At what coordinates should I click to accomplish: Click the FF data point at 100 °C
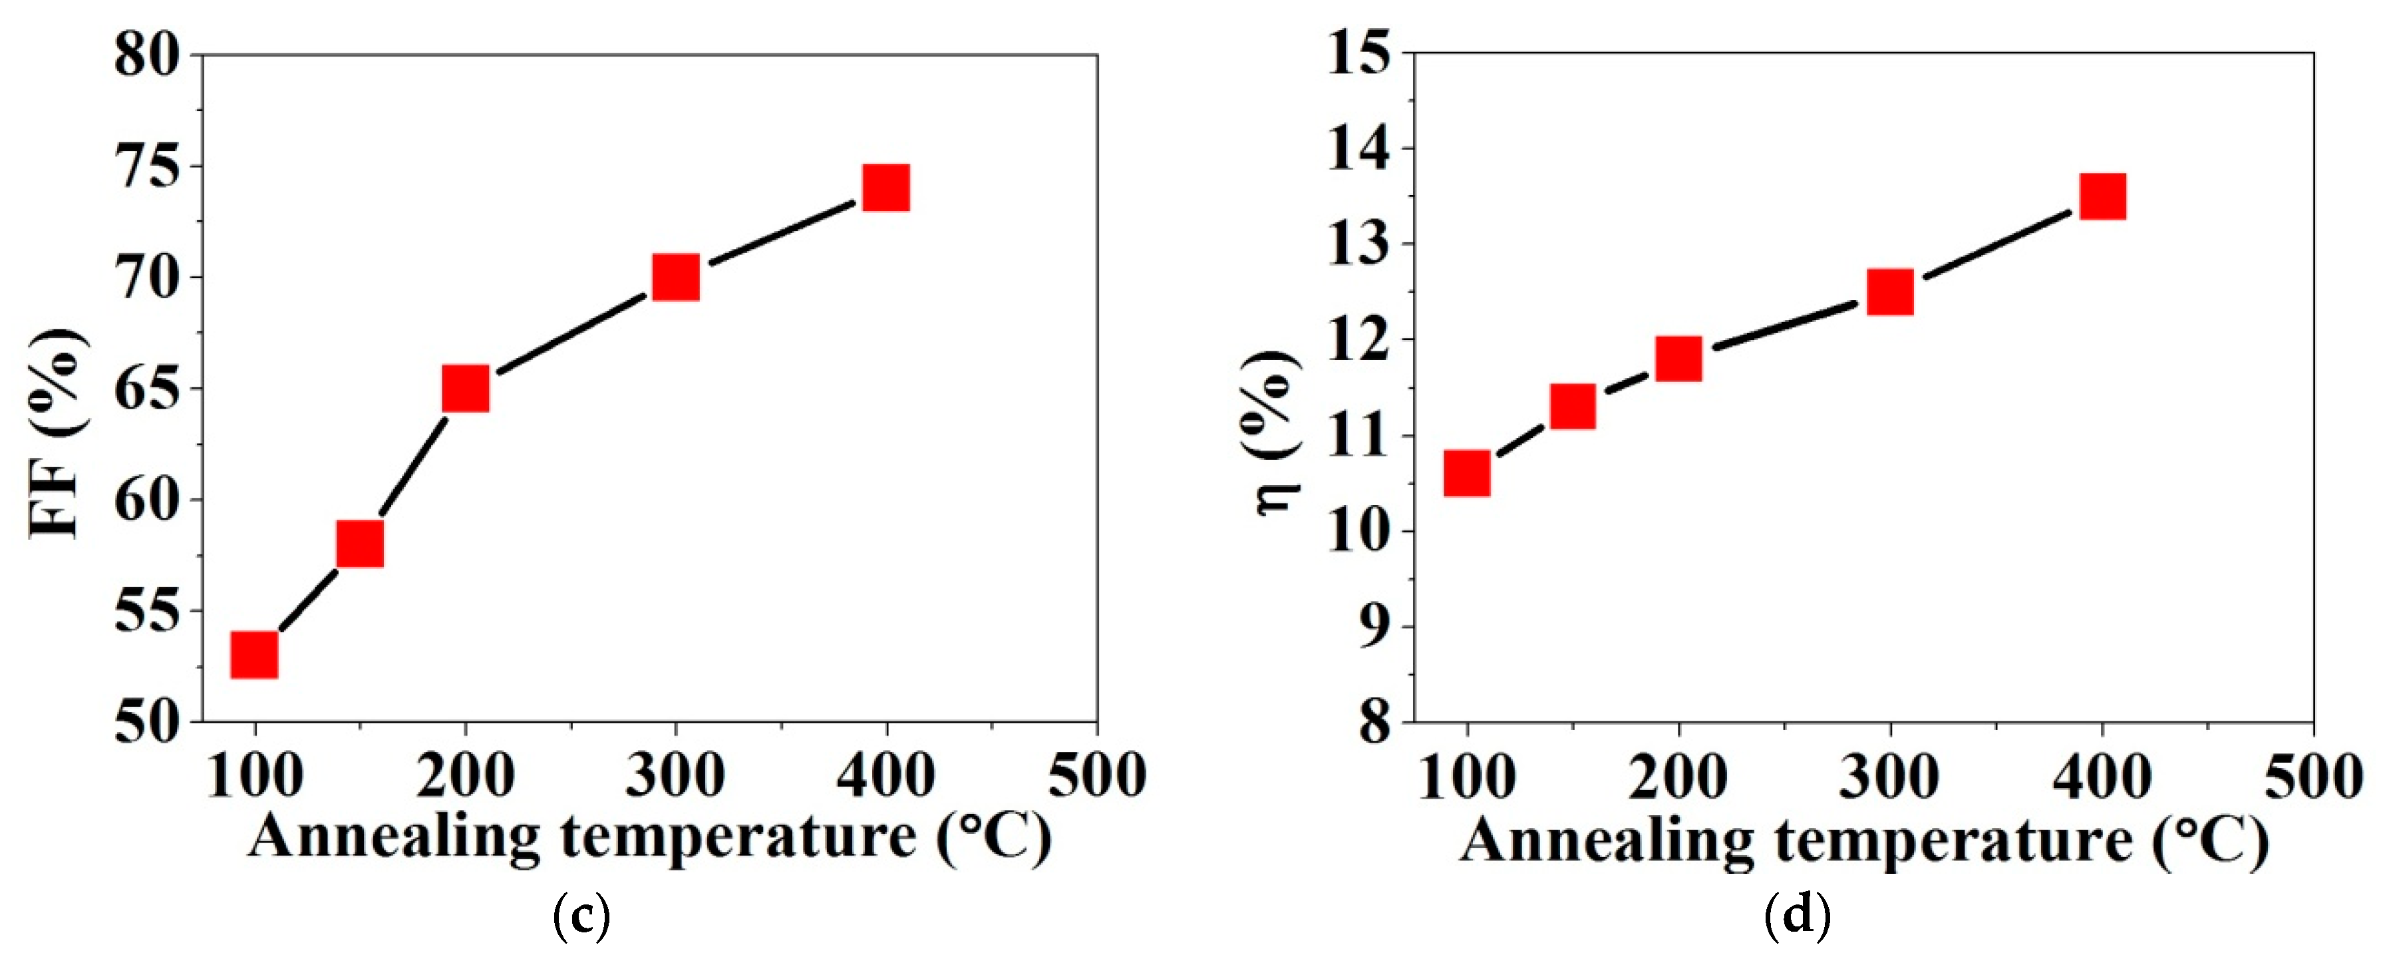point(254,656)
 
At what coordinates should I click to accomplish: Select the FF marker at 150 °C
point(359,544)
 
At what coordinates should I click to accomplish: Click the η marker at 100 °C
point(1467,475)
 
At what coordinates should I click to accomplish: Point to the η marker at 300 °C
point(1890,292)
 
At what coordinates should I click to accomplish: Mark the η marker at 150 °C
point(1572,407)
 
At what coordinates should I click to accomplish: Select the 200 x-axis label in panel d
point(1678,777)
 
